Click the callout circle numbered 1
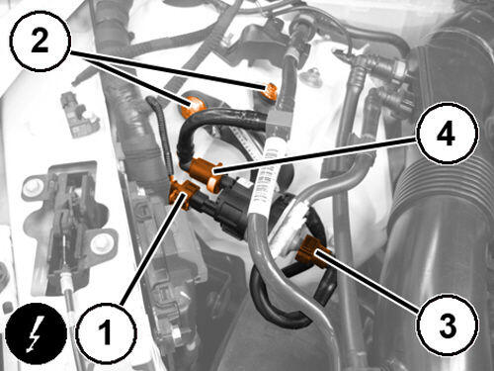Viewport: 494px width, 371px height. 106,332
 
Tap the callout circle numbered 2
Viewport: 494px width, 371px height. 41,41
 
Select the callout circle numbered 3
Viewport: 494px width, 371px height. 448,325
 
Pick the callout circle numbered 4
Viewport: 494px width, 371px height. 448,134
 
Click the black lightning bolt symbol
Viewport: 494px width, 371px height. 37,333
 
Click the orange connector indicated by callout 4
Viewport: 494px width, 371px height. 206,174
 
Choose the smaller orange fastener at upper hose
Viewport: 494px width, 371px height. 272,92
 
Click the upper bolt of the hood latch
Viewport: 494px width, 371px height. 33,187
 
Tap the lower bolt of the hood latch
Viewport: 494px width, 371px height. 100,244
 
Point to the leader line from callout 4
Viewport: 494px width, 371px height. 315,155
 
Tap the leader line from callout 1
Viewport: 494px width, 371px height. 152,249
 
